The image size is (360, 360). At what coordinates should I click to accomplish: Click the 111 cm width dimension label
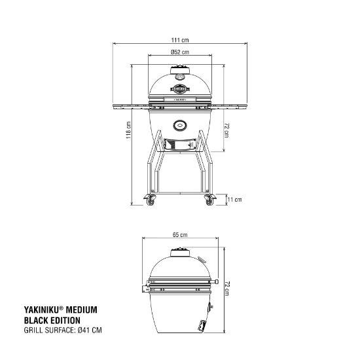tap(180, 41)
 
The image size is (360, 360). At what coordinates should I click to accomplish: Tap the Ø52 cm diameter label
tap(180, 52)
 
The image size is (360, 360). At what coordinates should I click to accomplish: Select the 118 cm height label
tap(129, 131)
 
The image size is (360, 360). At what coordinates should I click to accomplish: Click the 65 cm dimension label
tap(180, 234)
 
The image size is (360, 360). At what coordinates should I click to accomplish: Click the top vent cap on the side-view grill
tap(180, 253)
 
